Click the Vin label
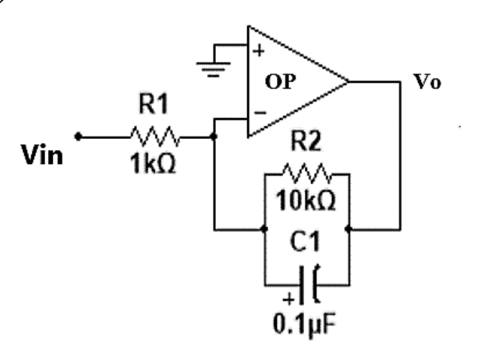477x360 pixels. [x=42, y=155]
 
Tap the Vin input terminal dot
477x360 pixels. [x=78, y=136]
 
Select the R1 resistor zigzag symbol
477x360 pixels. [x=156, y=136]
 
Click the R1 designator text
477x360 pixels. [x=153, y=104]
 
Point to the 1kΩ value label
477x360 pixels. [x=153, y=163]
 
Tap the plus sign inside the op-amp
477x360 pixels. [x=259, y=51]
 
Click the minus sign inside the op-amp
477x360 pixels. [x=260, y=113]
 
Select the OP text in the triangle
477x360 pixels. [x=281, y=81]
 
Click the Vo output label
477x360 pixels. [x=427, y=81]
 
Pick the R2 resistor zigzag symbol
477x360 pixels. [x=308, y=174]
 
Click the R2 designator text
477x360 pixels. [x=306, y=141]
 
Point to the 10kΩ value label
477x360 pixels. [x=306, y=200]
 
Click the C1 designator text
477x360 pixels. [x=305, y=241]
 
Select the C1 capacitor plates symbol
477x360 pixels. [x=310, y=285]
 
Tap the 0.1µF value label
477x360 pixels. [x=305, y=325]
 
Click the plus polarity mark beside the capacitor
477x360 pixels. [x=288, y=300]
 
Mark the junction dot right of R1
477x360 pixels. [x=214, y=136]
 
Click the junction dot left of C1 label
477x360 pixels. [x=265, y=229]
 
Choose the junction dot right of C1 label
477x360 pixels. [x=349, y=229]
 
